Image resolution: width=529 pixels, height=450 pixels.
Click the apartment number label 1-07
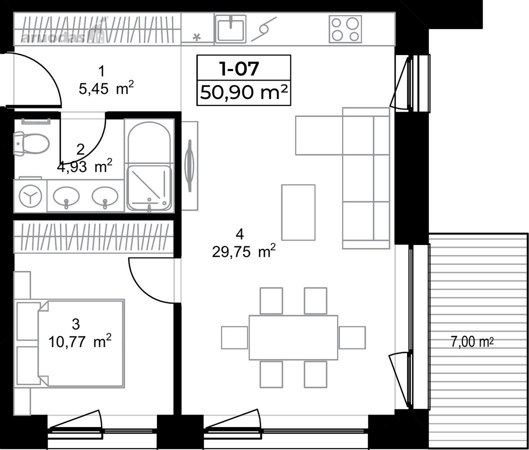pyautogui.click(x=239, y=68)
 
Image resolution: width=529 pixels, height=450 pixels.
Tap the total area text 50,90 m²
pyautogui.click(x=244, y=92)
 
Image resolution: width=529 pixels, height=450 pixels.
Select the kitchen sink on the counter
pyautogui.click(x=231, y=28)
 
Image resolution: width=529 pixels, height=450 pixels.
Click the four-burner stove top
pyautogui.click(x=345, y=29)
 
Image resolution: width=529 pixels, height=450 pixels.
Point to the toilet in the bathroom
pyautogui.click(x=31, y=143)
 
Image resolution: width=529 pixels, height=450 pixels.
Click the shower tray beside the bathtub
pyautogui.click(x=149, y=187)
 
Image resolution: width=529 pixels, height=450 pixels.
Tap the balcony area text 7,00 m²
pyautogui.click(x=472, y=341)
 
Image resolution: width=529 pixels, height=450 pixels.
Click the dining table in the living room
pyautogui.click(x=293, y=337)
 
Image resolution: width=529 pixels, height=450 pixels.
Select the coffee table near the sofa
pyautogui.click(x=298, y=212)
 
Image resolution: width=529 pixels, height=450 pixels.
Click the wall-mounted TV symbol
pyautogui.click(x=190, y=165)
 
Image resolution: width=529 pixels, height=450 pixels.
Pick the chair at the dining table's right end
pyautogui.click(x=352, y=337)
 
